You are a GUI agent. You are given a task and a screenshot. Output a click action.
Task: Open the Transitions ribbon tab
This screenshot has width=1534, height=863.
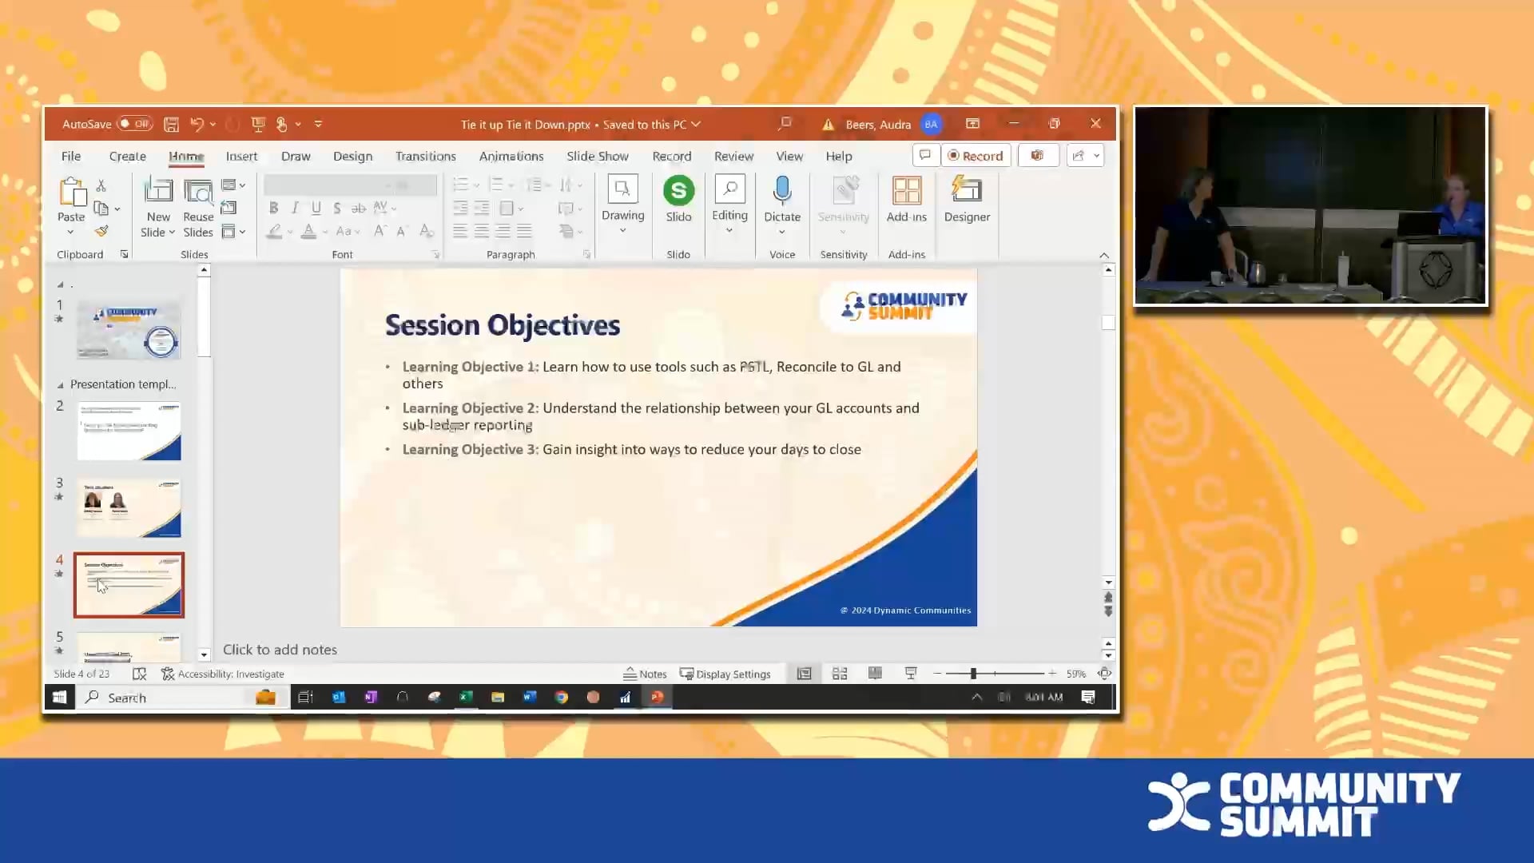425,157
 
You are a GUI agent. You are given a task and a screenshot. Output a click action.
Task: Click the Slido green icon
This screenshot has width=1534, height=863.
678,191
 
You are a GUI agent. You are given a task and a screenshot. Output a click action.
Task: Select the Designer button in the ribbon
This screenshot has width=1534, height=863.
967,199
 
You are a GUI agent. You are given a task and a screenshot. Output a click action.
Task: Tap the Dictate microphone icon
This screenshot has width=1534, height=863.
781,191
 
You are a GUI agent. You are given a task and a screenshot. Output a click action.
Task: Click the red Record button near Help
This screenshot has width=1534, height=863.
976,156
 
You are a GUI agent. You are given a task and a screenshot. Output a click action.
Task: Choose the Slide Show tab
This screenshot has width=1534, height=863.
597,157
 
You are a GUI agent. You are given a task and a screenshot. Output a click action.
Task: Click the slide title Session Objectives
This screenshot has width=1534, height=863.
502,325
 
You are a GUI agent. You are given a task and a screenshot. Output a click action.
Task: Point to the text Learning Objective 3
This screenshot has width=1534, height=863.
470,450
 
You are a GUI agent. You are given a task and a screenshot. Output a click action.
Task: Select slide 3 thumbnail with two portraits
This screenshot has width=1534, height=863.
129,508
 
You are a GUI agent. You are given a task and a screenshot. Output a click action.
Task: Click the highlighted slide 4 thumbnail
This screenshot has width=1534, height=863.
129,585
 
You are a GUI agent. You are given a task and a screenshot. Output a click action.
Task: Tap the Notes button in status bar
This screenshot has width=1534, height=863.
645,674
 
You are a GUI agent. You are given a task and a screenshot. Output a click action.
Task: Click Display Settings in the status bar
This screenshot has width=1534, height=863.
725,674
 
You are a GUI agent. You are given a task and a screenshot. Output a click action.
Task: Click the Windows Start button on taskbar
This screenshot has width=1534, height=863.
59,698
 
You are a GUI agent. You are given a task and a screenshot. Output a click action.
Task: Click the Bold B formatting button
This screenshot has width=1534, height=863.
273,209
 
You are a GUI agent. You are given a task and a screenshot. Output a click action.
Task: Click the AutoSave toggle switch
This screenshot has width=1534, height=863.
134,124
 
